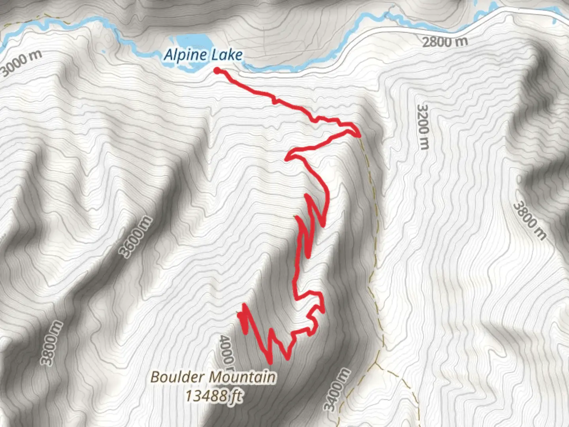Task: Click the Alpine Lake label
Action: click(x=203, y=55)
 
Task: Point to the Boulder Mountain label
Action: click(x=213, y=377)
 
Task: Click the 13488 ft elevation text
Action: click(x=213, y=395)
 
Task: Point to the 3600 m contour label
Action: click(x=136, y=236)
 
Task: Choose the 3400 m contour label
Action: click(x=337, y=389)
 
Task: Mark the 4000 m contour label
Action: click(x=226, y=350)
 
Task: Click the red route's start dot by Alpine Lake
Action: click(x=217, y=70)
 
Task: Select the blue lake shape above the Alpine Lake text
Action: click(x=192, y=41)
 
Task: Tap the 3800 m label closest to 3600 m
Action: click(x=52, y=343)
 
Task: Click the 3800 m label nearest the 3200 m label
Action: click(x=529, y=221)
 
